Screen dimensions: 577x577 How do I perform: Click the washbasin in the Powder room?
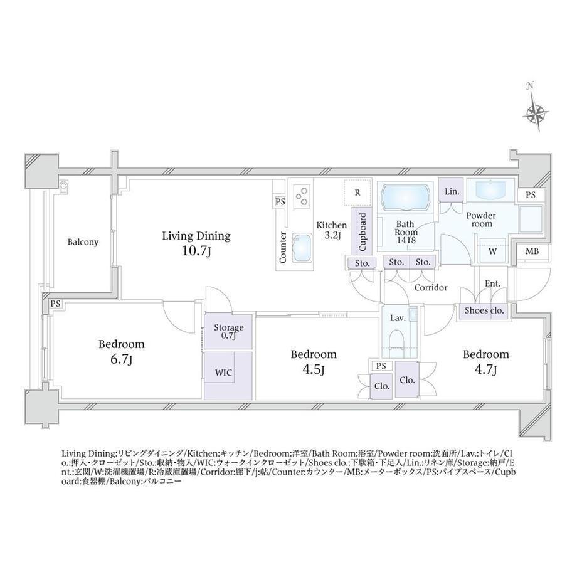click(492, 190)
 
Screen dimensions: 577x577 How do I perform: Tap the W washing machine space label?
click(493, 251)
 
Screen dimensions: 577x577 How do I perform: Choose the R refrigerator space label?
click(357, 193)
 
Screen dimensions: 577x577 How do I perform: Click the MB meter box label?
click(532, 251)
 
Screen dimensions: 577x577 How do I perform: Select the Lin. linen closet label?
click(452, 192)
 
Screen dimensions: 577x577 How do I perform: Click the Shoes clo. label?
click(484, 310)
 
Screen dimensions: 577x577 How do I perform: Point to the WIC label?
click(223, 373)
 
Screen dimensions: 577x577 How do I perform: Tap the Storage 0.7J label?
click(228, 331)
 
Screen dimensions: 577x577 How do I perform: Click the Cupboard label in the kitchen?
click(363, 232)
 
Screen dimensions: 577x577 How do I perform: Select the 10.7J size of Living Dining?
click(196, 251)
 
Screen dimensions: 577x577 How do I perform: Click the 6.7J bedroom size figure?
click(122, 359)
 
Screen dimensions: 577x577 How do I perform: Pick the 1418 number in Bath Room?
click(406, 240)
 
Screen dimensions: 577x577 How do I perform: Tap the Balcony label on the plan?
click(83, 242)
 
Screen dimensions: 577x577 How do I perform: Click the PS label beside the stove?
click(280, 202)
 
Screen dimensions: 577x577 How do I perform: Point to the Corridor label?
click(431, 287)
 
